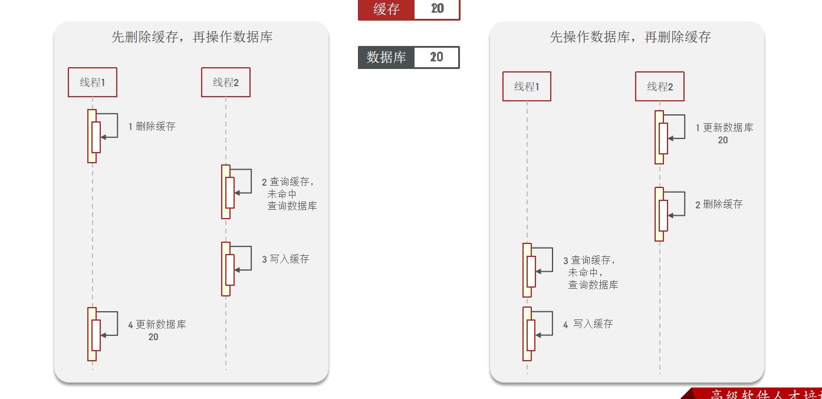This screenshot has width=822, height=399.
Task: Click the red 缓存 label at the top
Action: pyautogui.click(x=386, y=9)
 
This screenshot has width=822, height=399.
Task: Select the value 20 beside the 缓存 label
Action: pyautogui.click(x=437, y=9)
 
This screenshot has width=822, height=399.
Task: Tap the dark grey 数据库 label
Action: pyautogui.click(x=386, y=57)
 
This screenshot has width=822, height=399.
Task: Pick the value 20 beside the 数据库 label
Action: pyautogui.click(x=437, y=57)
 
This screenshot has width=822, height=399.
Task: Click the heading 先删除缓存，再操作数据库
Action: pyautogui.click(x=192, y=37)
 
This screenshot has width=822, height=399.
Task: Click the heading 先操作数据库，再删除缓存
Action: pyautogui.click(x=630, y=37)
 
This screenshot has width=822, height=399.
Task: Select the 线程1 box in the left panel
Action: pyautogui.click(x=93, y=83)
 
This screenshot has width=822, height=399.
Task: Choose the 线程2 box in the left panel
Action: pyautogui.click(x=226, y=83)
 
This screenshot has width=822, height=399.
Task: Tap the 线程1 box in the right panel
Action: pyautogui.click(x=527, y=87)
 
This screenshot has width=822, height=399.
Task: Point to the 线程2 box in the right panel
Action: pyautogui.click(x=660, y=87)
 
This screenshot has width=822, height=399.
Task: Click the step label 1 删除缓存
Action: pyautogui.click(x=152, y=126)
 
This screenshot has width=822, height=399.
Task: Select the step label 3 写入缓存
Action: pyautogui.click(x=285, y=259)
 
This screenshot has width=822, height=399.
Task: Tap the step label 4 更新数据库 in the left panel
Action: pyautogui.click(x=157, y=324)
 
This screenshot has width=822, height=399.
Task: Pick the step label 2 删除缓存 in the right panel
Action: pyautogui.click(x=719, y=205)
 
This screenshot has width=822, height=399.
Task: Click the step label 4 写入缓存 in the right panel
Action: pyautogui.click(x=588, y=324)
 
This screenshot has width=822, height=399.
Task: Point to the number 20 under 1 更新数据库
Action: pyautogui.click(x=723, y=140)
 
